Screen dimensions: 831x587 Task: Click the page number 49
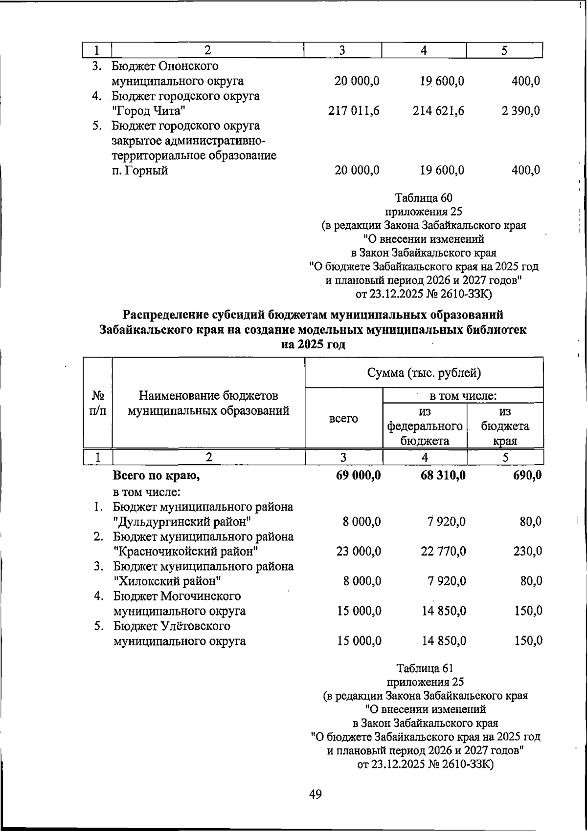(x=316, y=795)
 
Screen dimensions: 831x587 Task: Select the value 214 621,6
(x=438, y=111)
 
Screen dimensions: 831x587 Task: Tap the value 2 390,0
(x=520, y=111)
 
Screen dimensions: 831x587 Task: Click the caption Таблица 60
(x=424, y=198)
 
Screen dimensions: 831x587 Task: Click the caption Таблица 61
(x=425, y=668)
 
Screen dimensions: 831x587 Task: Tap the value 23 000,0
(x=359, y=552)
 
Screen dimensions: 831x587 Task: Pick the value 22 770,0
(x=443, y=552)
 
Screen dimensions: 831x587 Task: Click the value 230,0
(x=528, y=552)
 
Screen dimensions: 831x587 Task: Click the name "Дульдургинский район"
(x=182, y=522)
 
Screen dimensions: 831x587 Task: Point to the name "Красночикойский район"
(x=186, y=552)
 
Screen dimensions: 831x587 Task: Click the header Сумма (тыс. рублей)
(x=424, y=373)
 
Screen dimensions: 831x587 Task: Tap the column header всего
(x=343, y=419)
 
